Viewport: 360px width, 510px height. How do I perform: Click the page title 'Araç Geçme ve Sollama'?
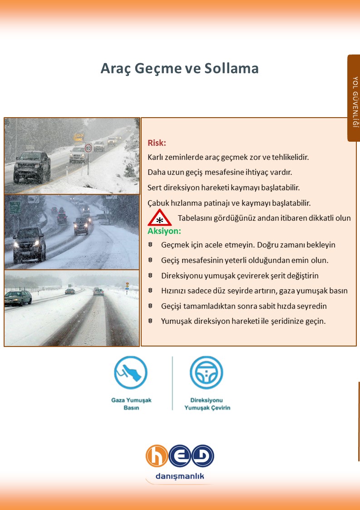click(x=179, y=68)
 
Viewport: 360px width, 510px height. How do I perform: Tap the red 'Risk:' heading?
click(x=157, y=143)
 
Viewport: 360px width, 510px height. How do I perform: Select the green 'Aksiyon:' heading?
click(x=164, y=231)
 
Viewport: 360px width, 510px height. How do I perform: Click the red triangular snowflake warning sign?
click(x=159, y=218)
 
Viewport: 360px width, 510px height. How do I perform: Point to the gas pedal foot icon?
click(x=131, y=372)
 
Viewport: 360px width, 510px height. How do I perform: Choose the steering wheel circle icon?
click(x=207, y=372)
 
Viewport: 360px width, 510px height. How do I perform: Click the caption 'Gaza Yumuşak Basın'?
click(x=131, y=404)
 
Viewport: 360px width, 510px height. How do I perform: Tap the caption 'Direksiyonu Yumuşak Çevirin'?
click(x=207, y=404)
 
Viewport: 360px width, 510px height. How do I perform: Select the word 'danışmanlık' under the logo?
click(x=180, y=476)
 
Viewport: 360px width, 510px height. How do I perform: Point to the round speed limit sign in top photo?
click(x=89, y=147)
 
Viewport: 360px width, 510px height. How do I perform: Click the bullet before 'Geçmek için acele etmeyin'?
click(x=150, y=245)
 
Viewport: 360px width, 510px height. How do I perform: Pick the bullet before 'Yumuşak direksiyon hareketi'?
click(x=150, y=321)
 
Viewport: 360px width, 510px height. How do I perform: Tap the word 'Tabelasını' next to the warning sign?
click(x=194, y=218)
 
